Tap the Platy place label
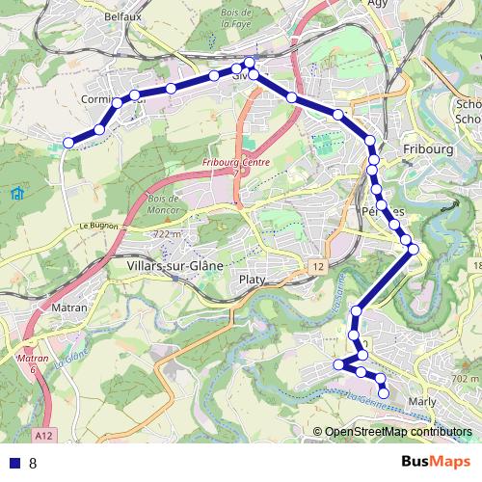pyautogui.click(x=250, y=279)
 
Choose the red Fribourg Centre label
pyautogui.click(x=236, y=163)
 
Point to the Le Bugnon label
pyautogui.click(x=97, y=226)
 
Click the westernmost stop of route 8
pyautogui.click(x=68, y=143)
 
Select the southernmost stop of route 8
pyautogui.click(x=384, y=392)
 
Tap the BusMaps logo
pyautogui.click(x=436, y=463)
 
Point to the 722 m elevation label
pyautogui.click(x=167, y=235)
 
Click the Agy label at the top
pyautogui.click(x=377, y=4)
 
